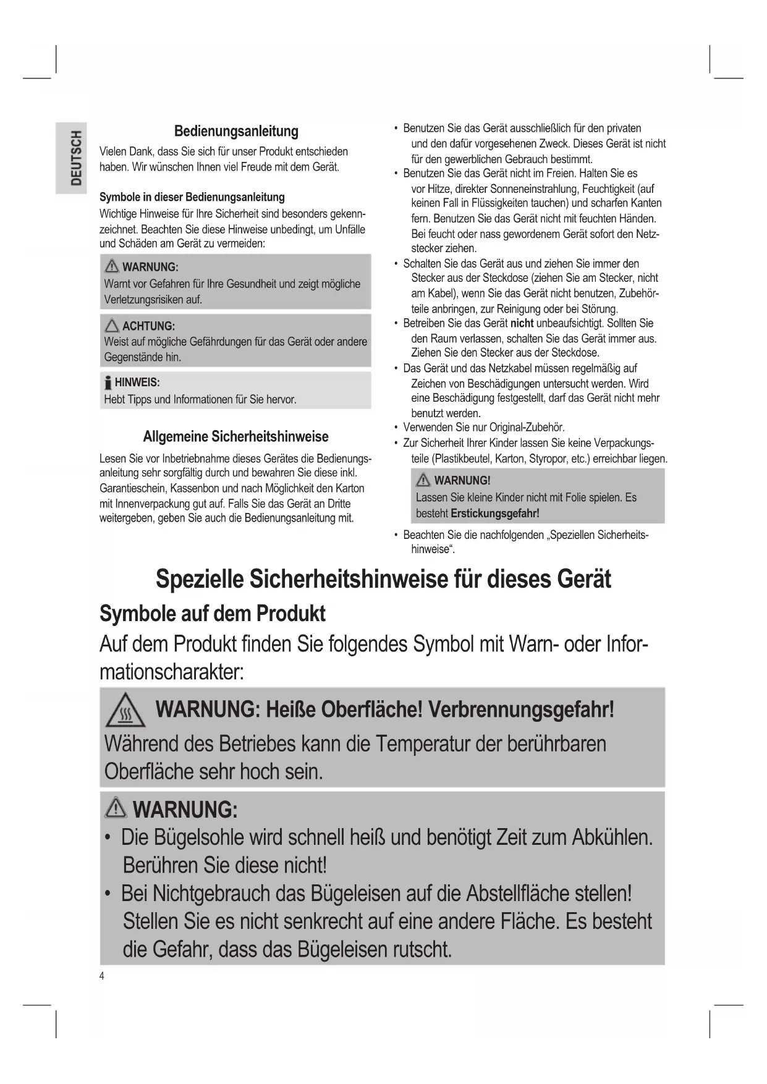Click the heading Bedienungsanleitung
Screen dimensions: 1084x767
click(236, 131)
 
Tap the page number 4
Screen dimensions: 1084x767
click(102, 976)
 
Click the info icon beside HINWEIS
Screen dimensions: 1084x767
click(108, 383)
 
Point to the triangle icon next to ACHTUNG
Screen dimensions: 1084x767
click(112, 326)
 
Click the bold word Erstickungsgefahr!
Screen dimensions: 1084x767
click(495, 513)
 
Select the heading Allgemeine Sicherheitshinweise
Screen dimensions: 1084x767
click(235, 436)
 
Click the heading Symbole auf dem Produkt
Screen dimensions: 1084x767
click(212, 614)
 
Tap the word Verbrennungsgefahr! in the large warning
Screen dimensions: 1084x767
click(521, 709)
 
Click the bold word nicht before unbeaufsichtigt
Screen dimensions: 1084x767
click(522, 323)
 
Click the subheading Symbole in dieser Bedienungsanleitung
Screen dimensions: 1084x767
click(192, 197)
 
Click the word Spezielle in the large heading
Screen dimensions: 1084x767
click(199, 580)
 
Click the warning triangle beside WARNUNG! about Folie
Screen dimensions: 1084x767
click(423, 480)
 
